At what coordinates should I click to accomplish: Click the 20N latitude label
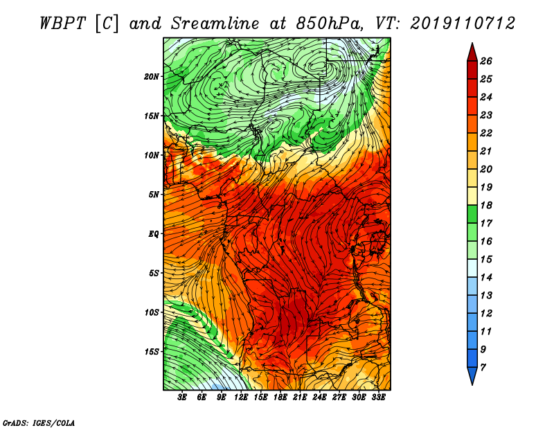151,77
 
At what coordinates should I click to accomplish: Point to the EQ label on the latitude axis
153,234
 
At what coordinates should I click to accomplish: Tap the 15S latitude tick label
151,352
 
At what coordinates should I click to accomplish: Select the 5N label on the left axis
153,195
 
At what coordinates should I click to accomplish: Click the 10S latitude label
151,312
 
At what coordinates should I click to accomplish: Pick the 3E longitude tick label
182,398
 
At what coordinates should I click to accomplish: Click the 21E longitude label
300,398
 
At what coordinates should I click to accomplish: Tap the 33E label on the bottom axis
378,398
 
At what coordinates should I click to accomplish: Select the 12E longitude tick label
240,398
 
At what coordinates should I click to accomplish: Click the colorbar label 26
486,61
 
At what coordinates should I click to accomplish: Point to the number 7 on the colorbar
483,368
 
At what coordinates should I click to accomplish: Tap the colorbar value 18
486,205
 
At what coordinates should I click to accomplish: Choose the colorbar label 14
486,278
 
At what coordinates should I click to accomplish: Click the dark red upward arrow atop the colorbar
472,53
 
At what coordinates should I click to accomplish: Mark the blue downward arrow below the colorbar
472,375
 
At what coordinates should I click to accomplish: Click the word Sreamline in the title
215,24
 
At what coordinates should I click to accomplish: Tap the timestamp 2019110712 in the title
463,24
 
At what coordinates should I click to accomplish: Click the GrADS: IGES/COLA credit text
39,422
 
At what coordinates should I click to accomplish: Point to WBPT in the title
62,24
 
